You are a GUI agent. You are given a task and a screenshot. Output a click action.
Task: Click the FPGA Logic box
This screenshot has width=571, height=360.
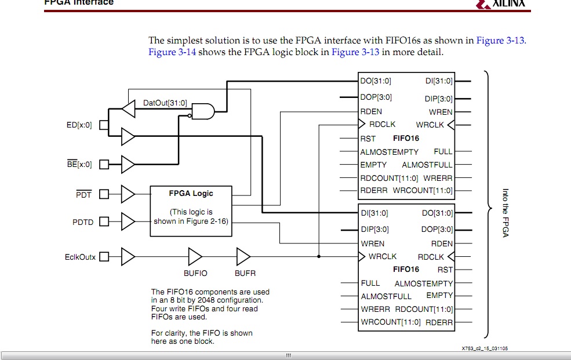191,210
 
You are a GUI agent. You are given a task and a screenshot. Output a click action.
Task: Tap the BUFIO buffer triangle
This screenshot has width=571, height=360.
195,256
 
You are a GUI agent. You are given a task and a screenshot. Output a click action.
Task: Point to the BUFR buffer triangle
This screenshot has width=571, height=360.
243,256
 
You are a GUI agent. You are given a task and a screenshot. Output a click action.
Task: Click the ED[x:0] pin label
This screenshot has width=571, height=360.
79,125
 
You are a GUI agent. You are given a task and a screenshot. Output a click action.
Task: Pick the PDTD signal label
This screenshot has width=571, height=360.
83,222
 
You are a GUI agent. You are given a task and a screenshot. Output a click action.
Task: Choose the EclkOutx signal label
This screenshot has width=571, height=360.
80,256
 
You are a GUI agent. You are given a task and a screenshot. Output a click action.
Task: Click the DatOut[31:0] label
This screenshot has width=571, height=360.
165,103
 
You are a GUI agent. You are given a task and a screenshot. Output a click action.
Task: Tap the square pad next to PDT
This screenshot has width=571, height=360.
104,194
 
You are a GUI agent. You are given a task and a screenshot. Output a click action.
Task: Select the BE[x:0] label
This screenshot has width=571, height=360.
79,164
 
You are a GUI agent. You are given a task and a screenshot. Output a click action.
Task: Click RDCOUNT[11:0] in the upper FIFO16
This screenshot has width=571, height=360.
389,178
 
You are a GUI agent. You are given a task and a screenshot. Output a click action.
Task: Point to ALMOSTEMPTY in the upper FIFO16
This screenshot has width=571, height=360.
389,152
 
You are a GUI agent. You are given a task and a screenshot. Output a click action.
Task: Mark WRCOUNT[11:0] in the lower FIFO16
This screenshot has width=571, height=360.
390,322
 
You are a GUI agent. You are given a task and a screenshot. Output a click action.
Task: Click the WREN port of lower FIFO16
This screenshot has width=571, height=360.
372,243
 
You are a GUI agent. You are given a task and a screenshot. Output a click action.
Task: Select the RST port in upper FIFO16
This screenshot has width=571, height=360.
368,139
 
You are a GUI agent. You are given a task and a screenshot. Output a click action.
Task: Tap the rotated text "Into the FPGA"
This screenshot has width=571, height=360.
505,213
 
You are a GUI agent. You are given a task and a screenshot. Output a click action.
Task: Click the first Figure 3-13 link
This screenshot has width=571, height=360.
500,40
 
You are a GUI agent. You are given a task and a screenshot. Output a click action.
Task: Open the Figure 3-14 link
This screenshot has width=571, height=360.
172,52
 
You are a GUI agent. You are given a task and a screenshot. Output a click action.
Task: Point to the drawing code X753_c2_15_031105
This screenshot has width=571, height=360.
485,348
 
